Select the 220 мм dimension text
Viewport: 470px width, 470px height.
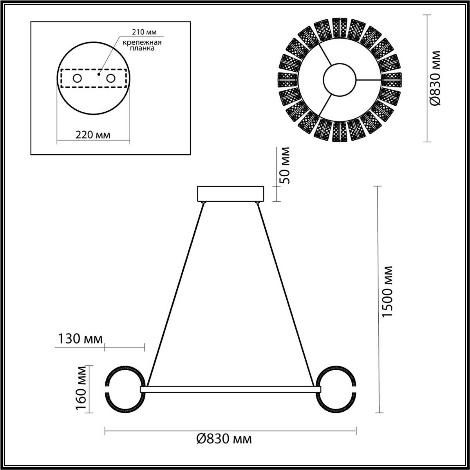93,135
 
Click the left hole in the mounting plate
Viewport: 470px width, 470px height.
77,78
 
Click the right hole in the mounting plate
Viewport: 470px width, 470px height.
111,78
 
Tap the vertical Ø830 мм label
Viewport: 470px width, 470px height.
436,78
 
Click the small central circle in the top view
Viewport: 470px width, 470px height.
339,80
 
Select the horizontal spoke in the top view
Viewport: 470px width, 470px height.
368,80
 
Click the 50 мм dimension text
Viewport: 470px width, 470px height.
286,166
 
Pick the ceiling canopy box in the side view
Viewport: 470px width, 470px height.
230,194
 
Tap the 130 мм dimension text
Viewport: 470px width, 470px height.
80,338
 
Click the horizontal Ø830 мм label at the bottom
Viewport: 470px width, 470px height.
224,439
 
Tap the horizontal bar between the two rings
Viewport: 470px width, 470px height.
230,389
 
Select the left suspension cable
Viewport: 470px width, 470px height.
175,294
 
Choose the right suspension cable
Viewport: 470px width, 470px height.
286,294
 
